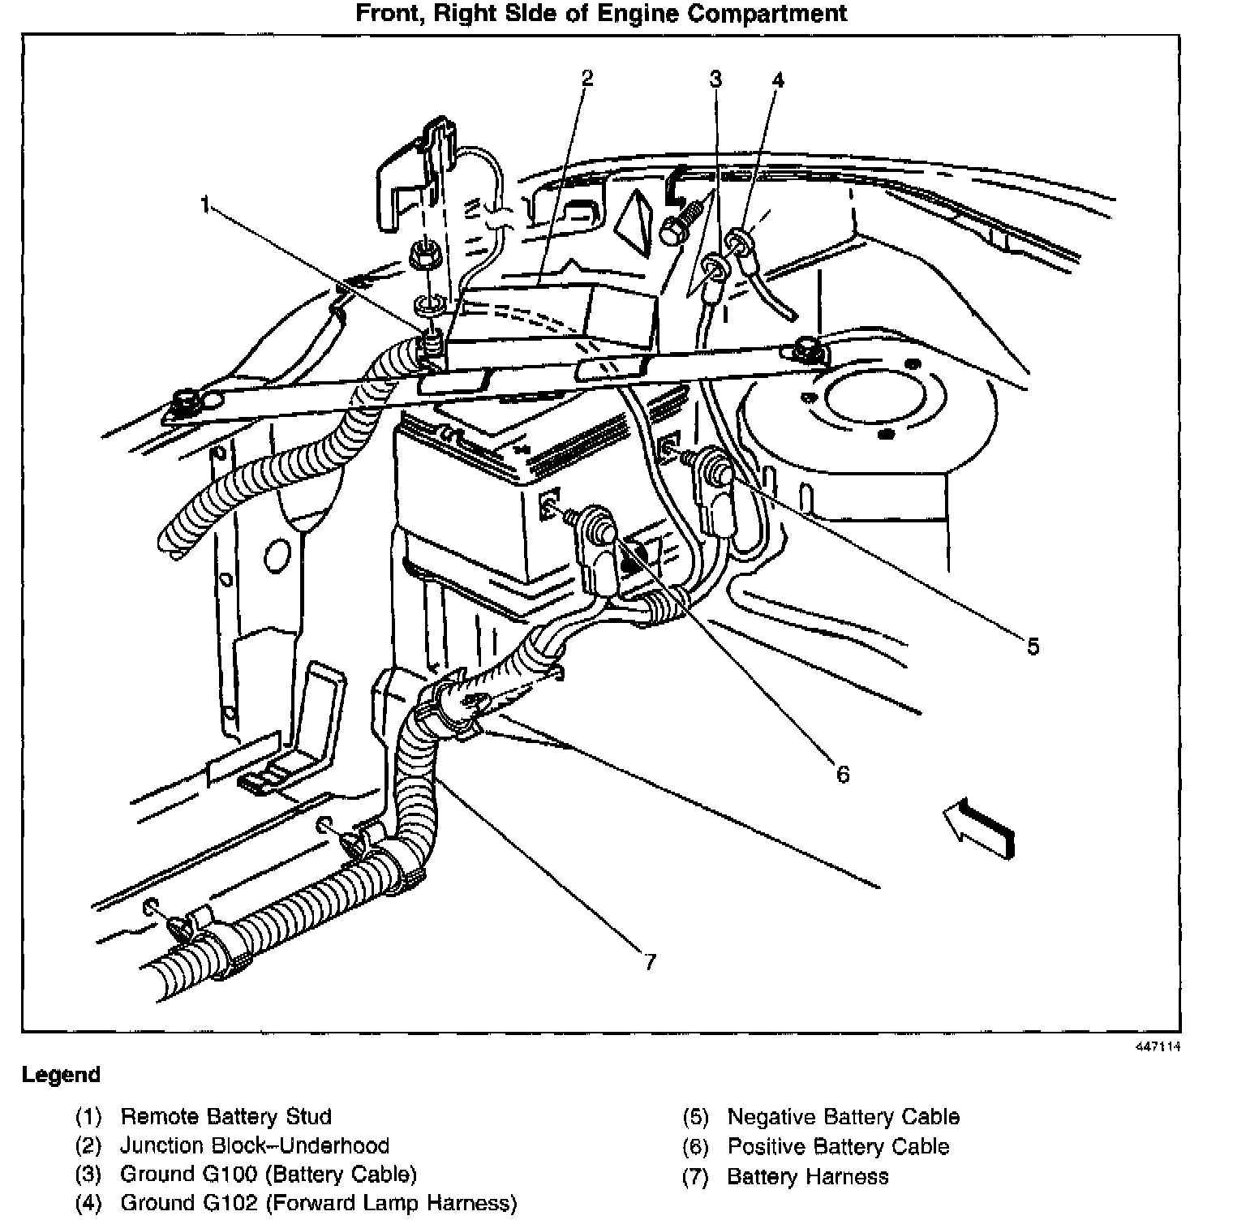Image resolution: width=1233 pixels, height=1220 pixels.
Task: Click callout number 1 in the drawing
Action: [x=207, y=204]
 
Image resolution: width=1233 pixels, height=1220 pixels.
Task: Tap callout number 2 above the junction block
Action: [x=586, y=78]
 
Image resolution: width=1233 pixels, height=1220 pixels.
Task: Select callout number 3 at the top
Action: [x=715, y=79]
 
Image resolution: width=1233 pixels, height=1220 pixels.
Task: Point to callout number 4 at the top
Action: [x=778, y=79]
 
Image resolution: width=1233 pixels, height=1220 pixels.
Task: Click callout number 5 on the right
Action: [x=1033, y=647]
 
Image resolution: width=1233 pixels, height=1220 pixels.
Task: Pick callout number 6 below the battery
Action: [x=843, y=775]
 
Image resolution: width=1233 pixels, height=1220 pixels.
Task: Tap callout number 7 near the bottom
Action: [x=649, y=962]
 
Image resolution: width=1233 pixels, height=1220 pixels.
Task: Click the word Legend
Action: [x=61, y=1076]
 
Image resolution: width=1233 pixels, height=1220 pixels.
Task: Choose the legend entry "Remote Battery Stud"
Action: [x=226, y=1117]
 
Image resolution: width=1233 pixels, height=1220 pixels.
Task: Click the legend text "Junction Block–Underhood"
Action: [x=255, y=1145]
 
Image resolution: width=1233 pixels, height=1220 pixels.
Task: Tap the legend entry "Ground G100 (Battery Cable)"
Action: [x=268, y=1174]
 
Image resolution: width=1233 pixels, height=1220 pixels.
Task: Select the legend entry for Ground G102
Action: [x=318, y=1202]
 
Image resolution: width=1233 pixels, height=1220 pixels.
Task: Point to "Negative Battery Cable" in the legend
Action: [x=843, y=1117]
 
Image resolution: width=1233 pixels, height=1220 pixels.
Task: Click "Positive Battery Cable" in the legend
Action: [x=838, y=1146]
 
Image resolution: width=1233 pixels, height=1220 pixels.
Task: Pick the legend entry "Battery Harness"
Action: [x=807, y=1176]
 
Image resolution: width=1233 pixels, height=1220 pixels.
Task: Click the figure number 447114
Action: [x=1158, y=1046]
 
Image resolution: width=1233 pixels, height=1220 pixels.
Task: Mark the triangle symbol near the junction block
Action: [x=636, y=219]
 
